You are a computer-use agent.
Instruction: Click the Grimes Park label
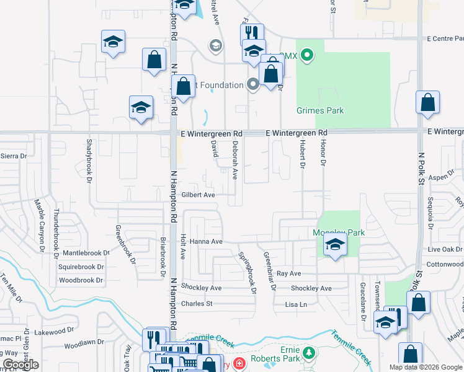pos(320,110)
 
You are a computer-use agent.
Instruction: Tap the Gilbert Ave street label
pos(198,195)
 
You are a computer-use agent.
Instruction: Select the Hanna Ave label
pos(206,241)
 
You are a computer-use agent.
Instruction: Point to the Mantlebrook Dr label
pos(86,253)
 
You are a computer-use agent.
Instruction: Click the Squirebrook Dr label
pos(84,267)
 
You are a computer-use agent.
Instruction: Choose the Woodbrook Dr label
pos(81,280)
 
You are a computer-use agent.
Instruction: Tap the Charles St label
pos(197,304)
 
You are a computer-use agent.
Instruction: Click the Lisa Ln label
pos(296,304)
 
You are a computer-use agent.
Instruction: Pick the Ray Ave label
pos(288,273)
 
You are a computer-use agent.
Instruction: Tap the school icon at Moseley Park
pos(335,246)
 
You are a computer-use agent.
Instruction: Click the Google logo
pos(20,365)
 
